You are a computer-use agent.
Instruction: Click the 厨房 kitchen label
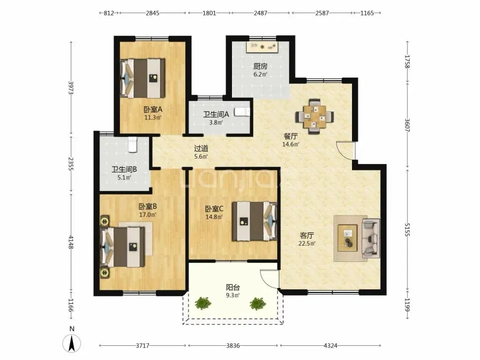260,66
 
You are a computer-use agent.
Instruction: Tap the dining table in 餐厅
314,116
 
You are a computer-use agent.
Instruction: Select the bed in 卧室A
143,78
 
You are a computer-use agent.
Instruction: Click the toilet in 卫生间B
132,145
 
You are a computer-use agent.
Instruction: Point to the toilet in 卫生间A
242,112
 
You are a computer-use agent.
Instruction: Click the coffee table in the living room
348,238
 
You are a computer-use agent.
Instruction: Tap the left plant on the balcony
203,303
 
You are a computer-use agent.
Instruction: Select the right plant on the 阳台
257,304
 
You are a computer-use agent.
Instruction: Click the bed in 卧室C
254,221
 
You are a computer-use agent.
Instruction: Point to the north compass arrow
72,343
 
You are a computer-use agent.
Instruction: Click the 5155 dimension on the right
407,230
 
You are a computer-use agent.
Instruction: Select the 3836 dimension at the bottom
233,346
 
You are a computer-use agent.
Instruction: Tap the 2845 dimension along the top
152,13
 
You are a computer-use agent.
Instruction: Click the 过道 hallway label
201,148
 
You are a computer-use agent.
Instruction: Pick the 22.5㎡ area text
307,244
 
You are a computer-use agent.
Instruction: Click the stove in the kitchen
262,47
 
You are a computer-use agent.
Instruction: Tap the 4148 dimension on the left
71,242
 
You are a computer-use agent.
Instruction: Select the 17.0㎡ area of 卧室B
148,215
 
